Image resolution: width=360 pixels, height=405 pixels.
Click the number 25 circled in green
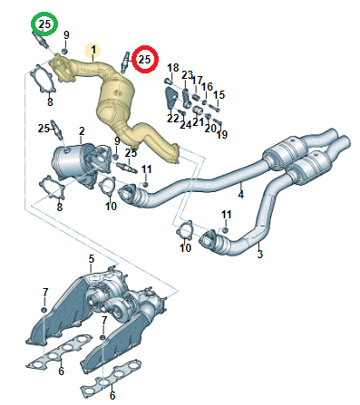pyautogui.click(x=44, y=24)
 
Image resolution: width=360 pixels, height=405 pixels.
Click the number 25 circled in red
pyautogui.click(x=144, y=59)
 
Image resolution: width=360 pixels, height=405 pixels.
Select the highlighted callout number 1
pyautogui.click(x=93, y=50)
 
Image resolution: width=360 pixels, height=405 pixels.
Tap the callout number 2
pyautogui.click(x=82, y=131)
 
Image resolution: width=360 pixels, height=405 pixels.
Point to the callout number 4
pyautogui.click(x=240, y=195)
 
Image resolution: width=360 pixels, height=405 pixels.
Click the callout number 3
pyautogui.click(x=260, y=254)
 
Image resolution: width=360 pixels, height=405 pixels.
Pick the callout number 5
pyautogui.click(x=92, y=259)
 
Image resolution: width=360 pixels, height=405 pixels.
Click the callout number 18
pyautogui.click(x=173, y=68)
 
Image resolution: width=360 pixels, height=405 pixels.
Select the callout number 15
pyautogui.click(x=219, y=95)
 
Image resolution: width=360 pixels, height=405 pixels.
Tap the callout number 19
pyautogui.click(x=222, y=134)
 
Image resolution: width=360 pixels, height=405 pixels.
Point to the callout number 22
pyautogui.click(x=173, y=118)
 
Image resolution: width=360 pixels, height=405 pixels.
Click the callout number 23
pyautogui.click(x=188, y=75)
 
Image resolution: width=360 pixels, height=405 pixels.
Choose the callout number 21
pyautogui.click(x=199, y=122)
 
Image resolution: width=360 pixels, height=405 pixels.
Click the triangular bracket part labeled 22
pyautogui.click(x=170, y=98)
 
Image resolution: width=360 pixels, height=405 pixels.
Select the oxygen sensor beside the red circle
pyautogui.click(x=125, y=62)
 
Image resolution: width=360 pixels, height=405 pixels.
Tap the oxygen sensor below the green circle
pyautogui.click(x=41, y=41)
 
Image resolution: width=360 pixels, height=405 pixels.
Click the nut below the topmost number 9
pyautogui.click(x=64, y=51)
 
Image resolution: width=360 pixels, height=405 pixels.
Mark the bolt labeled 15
pyautogui.click(x=214, y=107)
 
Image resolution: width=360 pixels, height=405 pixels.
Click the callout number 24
pyautogui.click(x=186, y=124)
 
